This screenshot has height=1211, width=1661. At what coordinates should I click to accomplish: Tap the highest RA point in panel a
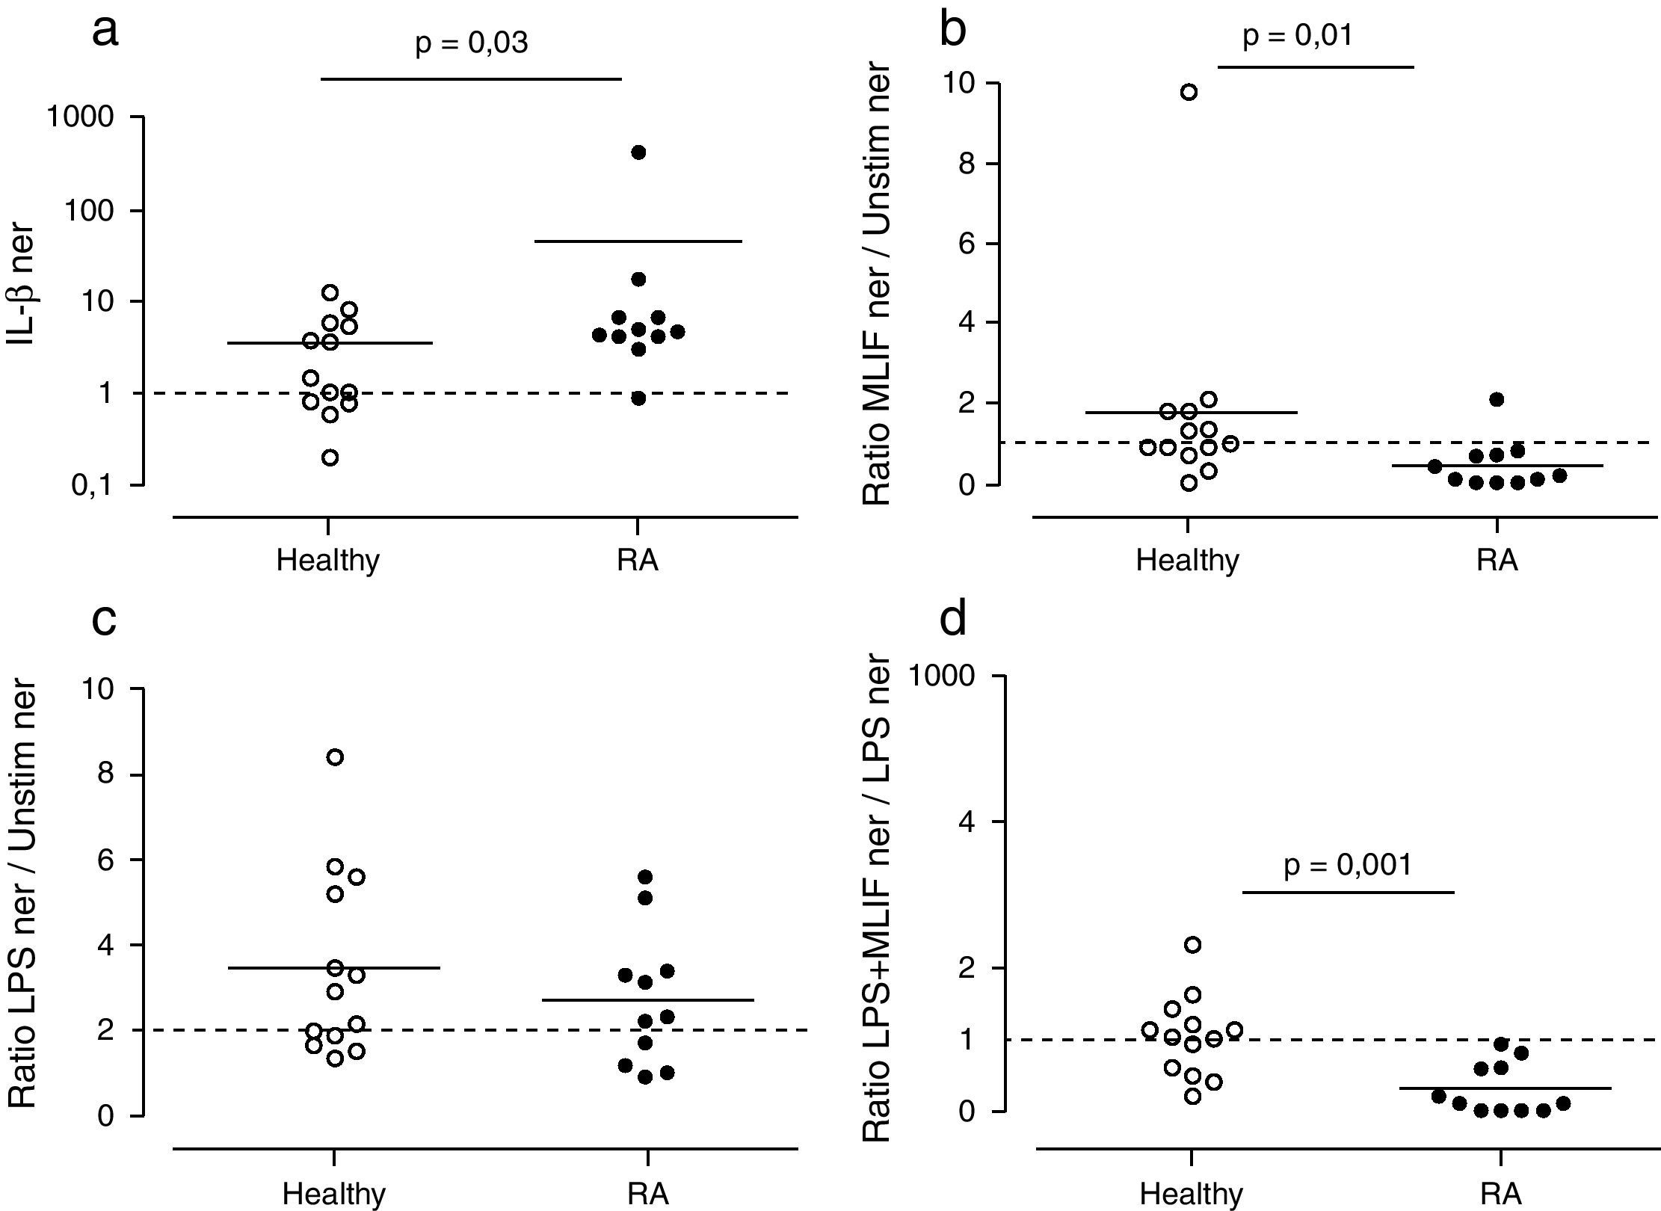click(x=638, y=152)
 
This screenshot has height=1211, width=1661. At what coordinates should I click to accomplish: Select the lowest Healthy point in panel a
click(x=330, y=457)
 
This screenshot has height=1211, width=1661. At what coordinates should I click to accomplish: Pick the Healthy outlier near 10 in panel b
click(x=1189, y=93)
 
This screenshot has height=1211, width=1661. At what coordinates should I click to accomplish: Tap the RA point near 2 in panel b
click(x=1497, y=399)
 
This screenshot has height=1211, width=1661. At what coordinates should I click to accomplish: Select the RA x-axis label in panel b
click(x=1497, y=561)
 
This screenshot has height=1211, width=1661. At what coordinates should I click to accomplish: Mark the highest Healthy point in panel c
click(x=335, y=757)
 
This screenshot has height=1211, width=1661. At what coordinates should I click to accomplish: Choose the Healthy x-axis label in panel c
click(x=334, y=1193)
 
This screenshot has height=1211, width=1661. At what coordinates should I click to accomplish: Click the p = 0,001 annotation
click(x=1349, y=866)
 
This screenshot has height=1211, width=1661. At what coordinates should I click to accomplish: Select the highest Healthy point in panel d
click(x=1193, y=945)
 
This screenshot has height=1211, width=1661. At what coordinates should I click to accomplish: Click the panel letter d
click(x=954, y=619)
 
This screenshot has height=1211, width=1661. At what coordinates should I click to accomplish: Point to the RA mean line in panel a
click(x=638, y=241)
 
